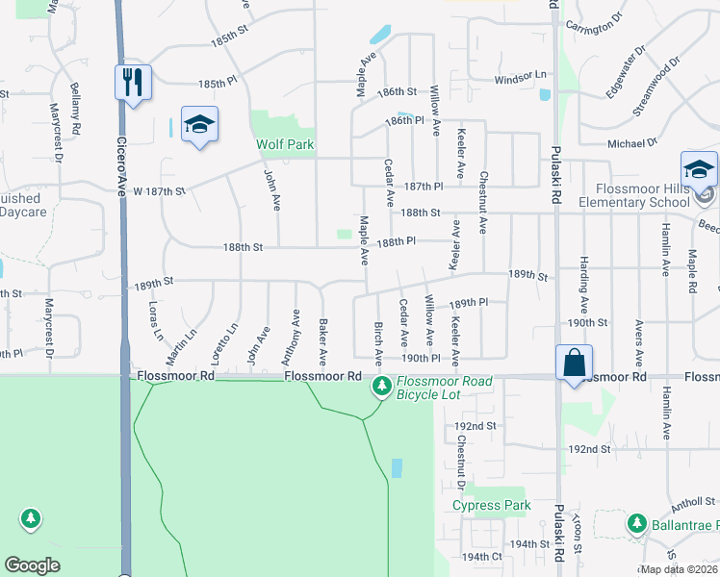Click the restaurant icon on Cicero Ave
[x=133, y=82]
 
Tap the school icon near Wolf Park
[x=199, y=124]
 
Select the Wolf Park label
[x=285, y=145]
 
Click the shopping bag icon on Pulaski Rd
[x=574, y=364]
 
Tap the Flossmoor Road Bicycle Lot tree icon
[x=382, y=387]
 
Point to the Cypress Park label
[x=491, y=505]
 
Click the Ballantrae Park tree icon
[x=635, y=524]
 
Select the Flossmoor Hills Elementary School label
[x=642, y=195]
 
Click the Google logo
[x=32, y=565]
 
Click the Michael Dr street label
[x=631, y=143]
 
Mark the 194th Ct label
[x=482, y=557]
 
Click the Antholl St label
[x=694, y=501]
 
